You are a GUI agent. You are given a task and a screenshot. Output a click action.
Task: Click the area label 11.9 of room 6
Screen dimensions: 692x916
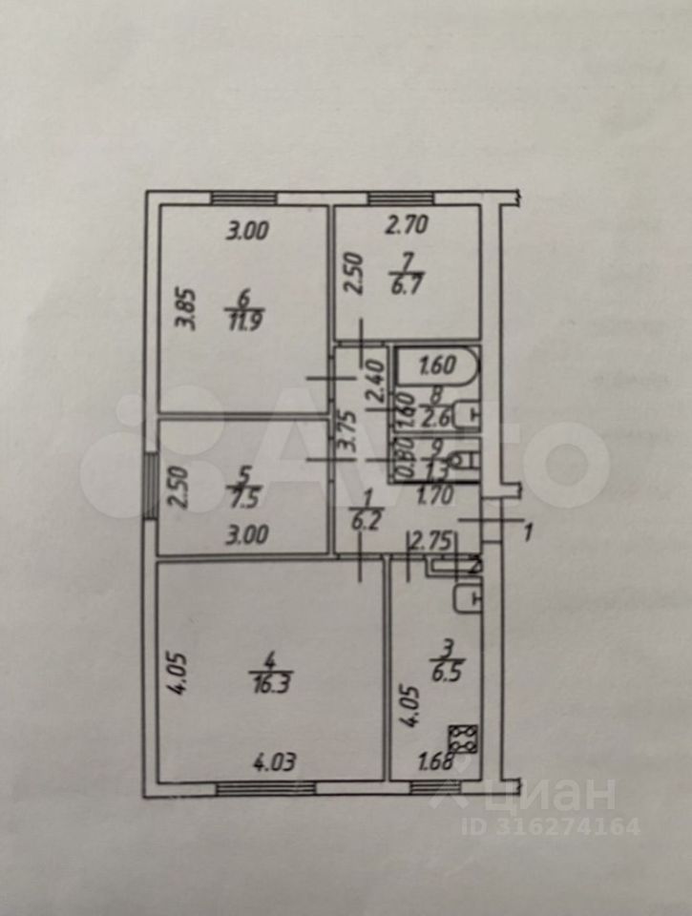coord(245,321)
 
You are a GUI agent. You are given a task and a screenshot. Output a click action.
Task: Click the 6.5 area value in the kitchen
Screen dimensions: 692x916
coord(444,671)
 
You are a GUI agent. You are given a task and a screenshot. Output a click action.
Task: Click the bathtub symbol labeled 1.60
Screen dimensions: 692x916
coord(434,364)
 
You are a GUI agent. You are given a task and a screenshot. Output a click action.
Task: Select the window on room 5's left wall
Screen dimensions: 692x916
coord(150,488)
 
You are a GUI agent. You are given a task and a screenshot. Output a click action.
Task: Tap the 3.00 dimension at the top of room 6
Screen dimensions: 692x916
coord(247,230)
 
